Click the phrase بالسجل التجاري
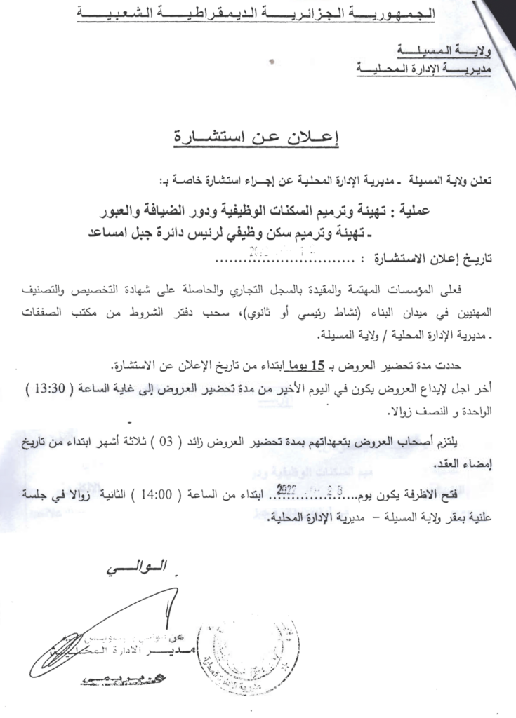tap(287, 289)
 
